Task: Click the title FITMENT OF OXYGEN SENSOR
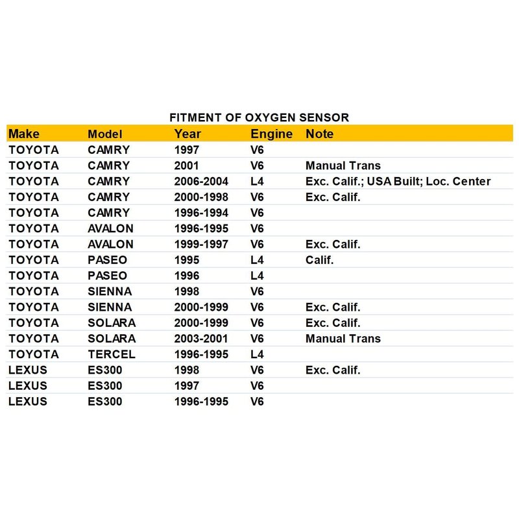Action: point(259,117)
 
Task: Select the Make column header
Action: point(24,134)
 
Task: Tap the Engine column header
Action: point(272,134)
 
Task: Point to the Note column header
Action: point(319,134)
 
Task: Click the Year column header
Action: point(187,134)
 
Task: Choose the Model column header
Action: point(105,134)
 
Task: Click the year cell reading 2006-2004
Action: point(201,181)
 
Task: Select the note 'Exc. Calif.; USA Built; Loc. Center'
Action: point(398,181)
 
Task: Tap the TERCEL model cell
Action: point(112,354)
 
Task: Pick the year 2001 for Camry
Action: point(186,165)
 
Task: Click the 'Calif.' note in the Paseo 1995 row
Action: point(318,259)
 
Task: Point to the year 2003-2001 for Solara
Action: point(201,339)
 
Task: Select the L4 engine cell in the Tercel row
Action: point(257,354)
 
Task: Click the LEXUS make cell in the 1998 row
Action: point(28,370)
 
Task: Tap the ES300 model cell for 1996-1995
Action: point(105,402)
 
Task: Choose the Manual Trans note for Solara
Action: point(343,339)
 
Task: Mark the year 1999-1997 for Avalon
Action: point(201,244)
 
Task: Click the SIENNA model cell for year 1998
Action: point(110,291)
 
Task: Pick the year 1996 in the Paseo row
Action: point(186,276)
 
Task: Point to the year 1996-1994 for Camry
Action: point(201,213)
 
